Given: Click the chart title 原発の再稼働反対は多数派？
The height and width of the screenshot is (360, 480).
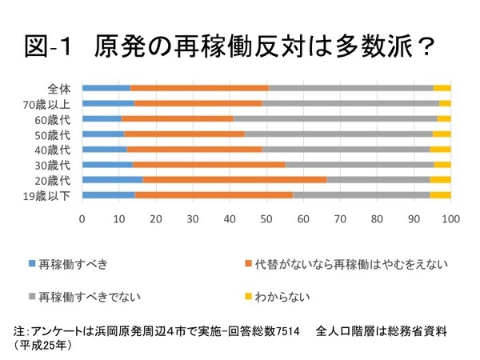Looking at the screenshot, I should [x=264, y=46].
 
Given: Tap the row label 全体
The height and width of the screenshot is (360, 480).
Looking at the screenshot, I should [x=58, y=88].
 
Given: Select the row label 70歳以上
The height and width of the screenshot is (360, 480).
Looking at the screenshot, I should [x=50, y=103].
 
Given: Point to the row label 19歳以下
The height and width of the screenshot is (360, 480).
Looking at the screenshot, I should [x=50, y=194].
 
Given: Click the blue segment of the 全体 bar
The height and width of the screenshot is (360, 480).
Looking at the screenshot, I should [x=106, y=88].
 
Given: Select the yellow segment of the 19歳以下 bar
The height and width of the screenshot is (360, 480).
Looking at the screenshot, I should [x=441, y=194].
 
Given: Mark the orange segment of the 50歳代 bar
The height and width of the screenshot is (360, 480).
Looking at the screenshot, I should [x=184, y=134].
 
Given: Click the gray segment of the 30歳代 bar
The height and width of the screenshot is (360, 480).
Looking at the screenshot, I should [x=359, y=164].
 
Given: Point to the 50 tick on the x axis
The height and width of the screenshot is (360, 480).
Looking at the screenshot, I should [x=266, y=217].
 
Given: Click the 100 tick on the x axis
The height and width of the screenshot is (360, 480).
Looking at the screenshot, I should [x=450, y=217].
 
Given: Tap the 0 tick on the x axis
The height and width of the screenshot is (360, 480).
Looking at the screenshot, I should [x=82, y=217].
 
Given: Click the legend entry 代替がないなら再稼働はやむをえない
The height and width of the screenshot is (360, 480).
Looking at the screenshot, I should [x=352, y=263].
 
